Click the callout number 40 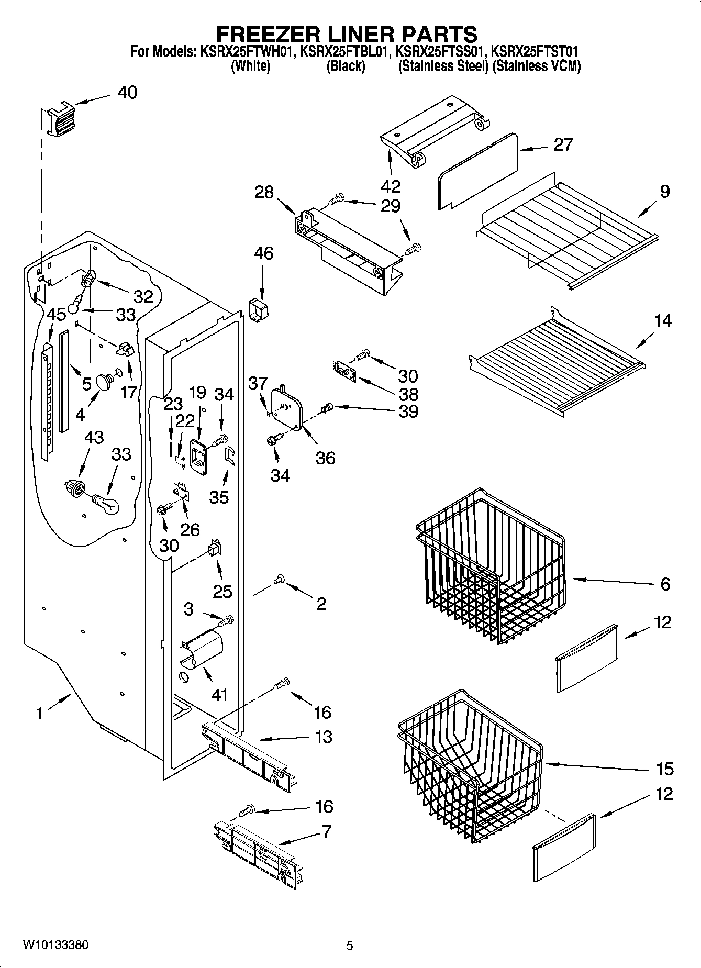(127, 93)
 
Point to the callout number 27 (563, 145)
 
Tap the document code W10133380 (55, 945)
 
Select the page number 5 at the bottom (350, 945)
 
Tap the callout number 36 (325, 458)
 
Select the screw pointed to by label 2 (279, 578)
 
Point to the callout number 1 (39, 713)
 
